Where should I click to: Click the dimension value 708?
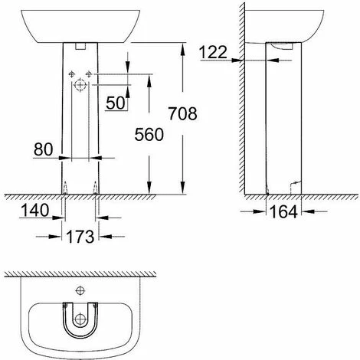[182, 113]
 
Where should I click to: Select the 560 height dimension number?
[149, 135]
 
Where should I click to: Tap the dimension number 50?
[116, 103]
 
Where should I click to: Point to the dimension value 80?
[43, 149]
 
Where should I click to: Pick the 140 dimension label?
[34, 211]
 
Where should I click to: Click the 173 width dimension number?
[80, 237]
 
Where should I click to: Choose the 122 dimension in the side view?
[213, 52]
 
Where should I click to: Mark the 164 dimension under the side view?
[283, 211]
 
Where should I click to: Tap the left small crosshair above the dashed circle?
[72, 74]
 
